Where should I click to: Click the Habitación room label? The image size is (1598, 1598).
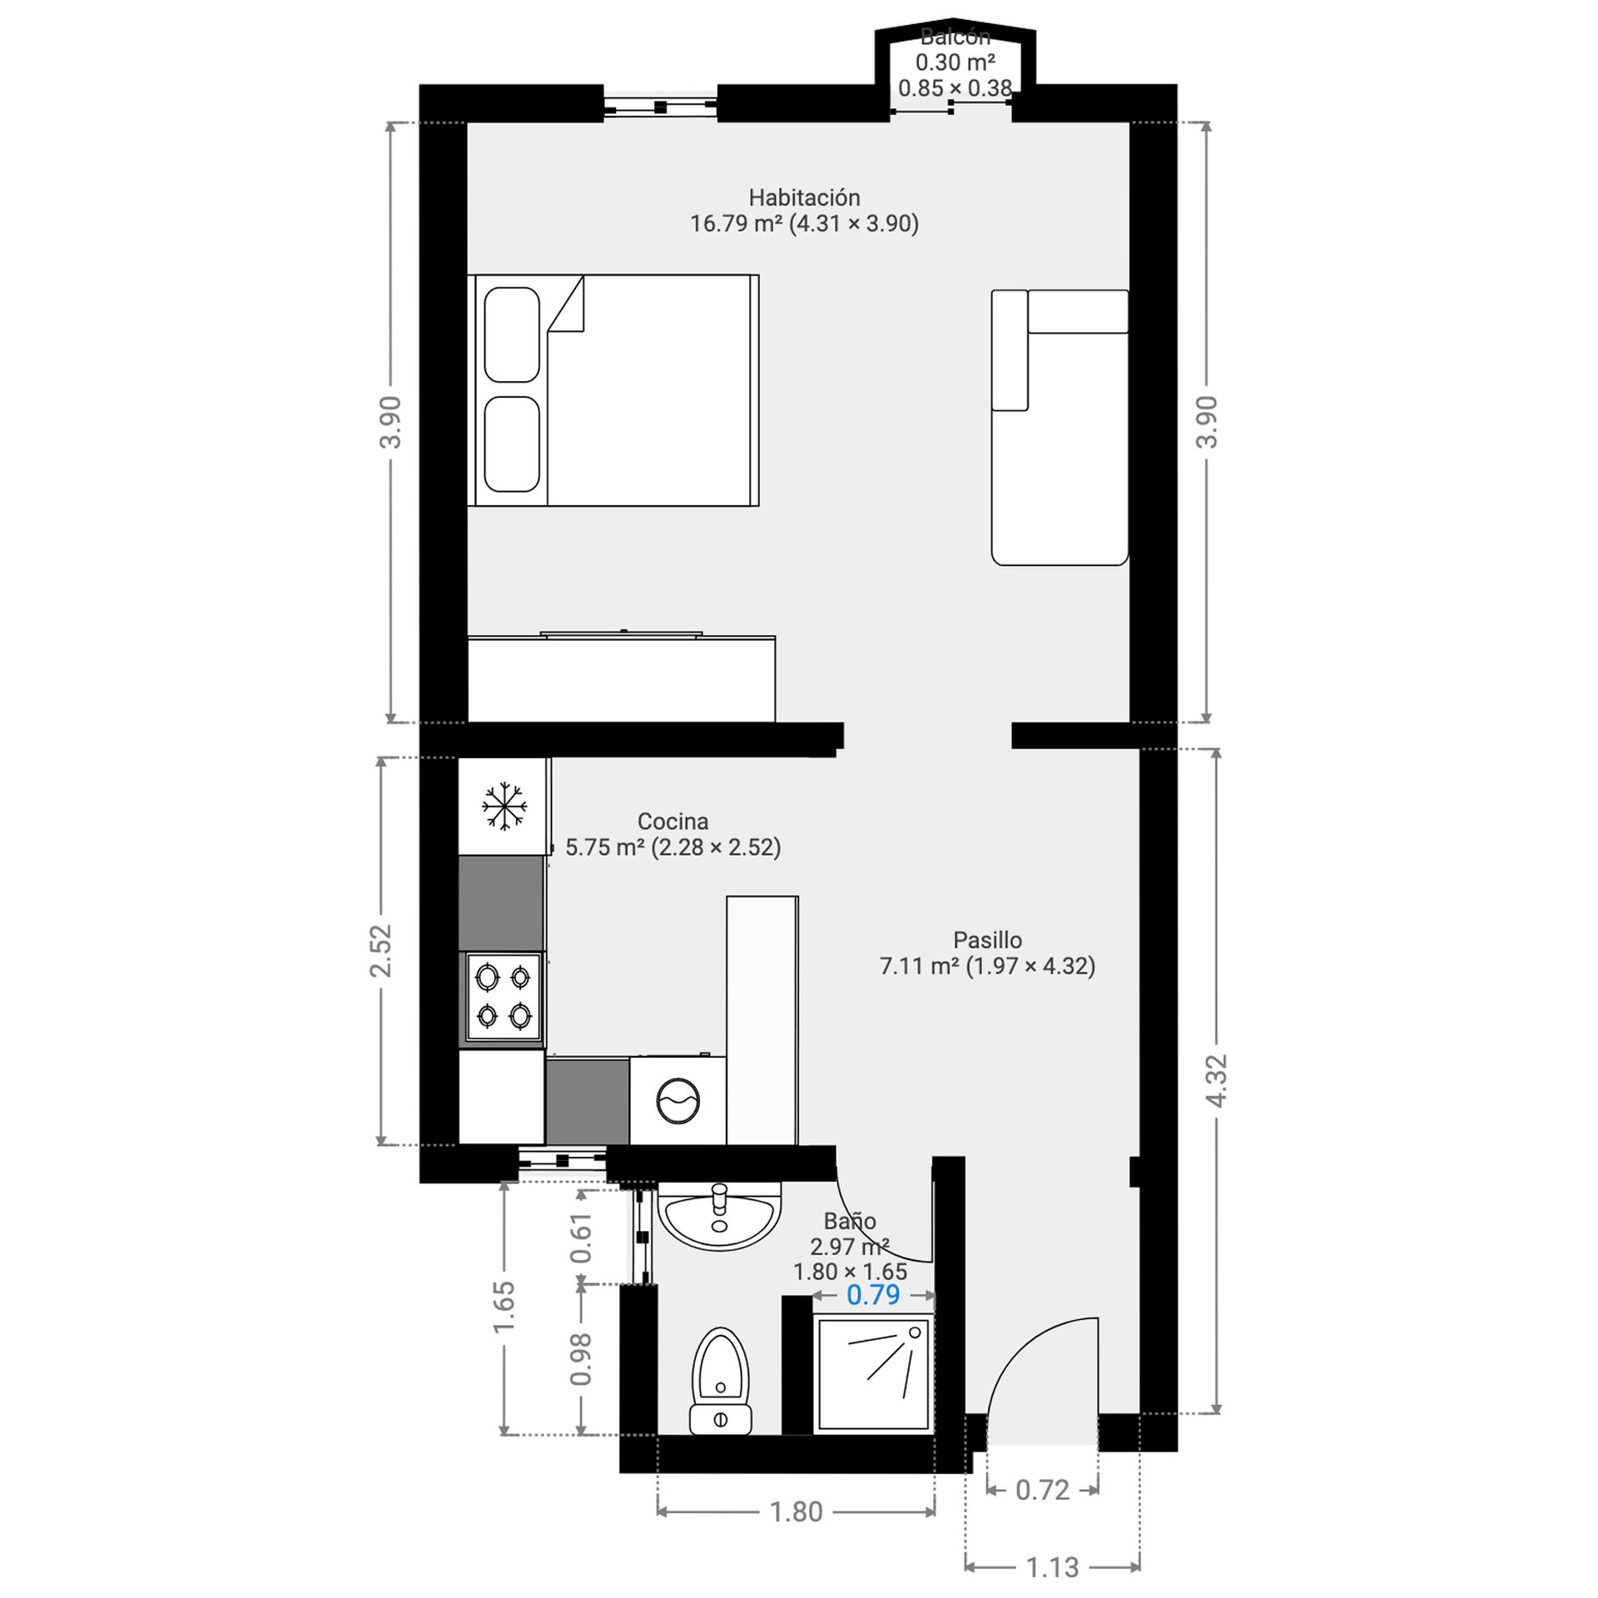pos(804,197)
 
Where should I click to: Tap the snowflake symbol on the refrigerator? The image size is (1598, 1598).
pos(504,806)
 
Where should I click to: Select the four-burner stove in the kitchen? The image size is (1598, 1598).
pos(504,997)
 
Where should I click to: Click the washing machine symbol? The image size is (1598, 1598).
pos(678,1100)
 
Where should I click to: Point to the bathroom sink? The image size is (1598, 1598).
pos(720,1216)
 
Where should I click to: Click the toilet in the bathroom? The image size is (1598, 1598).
pos(721,1381)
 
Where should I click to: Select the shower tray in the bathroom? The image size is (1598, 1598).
pos(873,1374)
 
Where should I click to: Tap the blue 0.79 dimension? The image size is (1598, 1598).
pos(873,1294)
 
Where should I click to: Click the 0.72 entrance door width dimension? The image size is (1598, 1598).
pos(1042,1490)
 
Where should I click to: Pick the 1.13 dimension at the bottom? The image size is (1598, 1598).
pos(1052,1567)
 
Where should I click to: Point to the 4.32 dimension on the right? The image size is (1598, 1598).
pos(1216,1080)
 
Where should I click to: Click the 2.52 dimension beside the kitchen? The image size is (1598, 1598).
pos(380,950)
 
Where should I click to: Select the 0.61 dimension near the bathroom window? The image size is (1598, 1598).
pos(581,1238)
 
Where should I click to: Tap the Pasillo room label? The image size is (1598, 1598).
pos(987,940)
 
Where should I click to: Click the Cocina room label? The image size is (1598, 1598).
pos(672,821)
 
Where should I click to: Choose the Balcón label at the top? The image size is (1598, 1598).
pos(955,37)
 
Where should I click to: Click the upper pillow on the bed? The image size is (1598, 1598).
pos(512,335)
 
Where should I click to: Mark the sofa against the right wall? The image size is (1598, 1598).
pos(1060,427)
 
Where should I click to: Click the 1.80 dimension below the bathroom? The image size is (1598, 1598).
pos(796,1511)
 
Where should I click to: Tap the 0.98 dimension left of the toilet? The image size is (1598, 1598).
pos(581,1359)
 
